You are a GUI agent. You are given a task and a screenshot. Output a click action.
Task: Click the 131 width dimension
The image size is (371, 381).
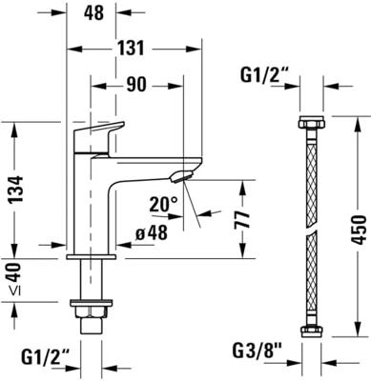[132, 49]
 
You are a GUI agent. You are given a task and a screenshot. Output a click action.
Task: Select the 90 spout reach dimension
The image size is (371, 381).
[136, 85]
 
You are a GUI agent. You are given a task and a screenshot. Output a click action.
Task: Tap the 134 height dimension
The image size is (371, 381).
[15, 190]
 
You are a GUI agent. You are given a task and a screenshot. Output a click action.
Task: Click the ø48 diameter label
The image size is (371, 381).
[151, 233]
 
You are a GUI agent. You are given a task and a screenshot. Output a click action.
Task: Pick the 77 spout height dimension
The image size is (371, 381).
[243, 219]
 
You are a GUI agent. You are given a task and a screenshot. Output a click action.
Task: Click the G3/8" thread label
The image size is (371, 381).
[258, 351]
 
